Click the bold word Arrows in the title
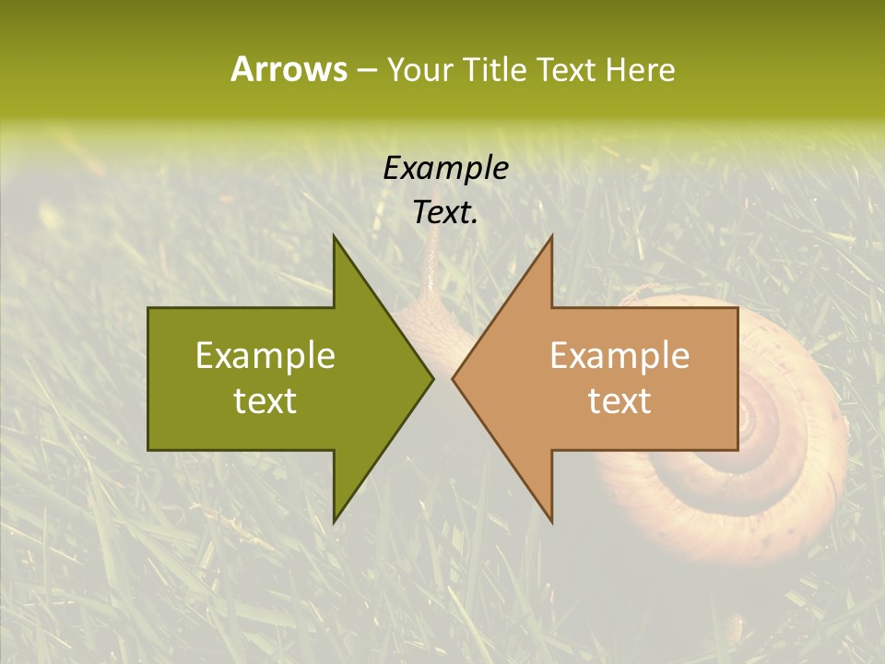click(x=289, y=69)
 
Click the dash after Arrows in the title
click(x=366, y=70)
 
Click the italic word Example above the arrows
click(x=446, y=169)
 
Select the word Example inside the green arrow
click(x=265, y=356)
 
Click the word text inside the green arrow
click(x=265, y=400)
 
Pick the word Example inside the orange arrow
click(x=619, y=356)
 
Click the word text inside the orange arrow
click(x=619, y=400)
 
